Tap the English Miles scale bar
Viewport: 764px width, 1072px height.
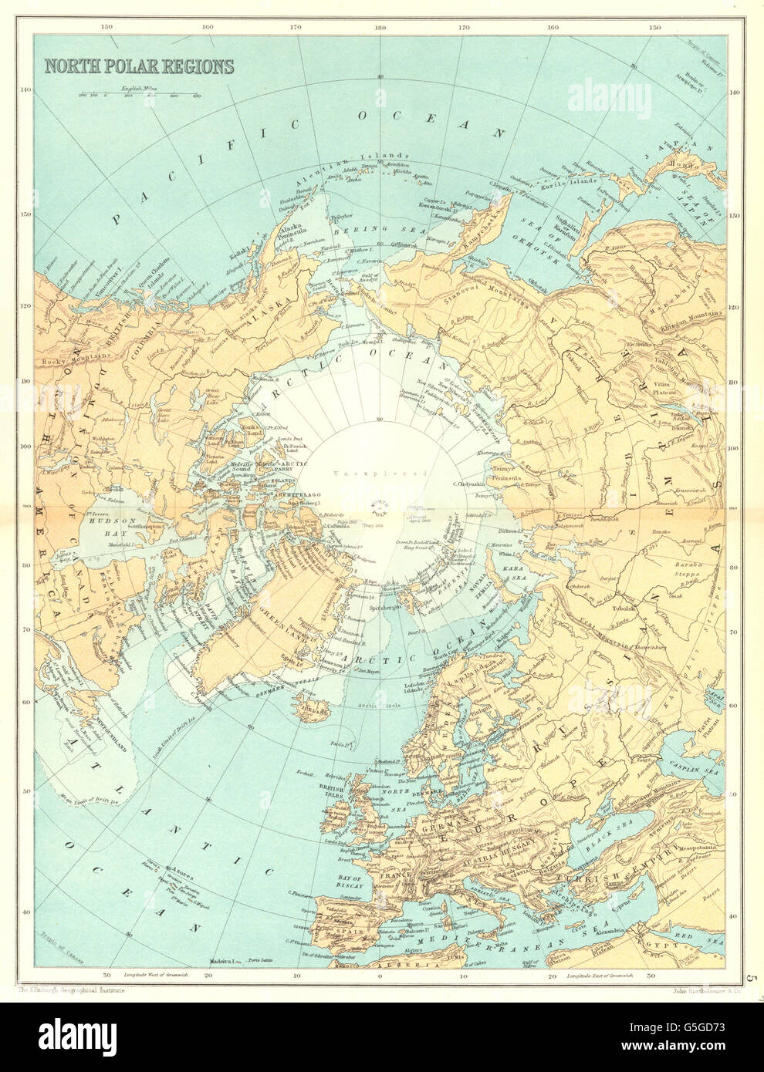point(139,95)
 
